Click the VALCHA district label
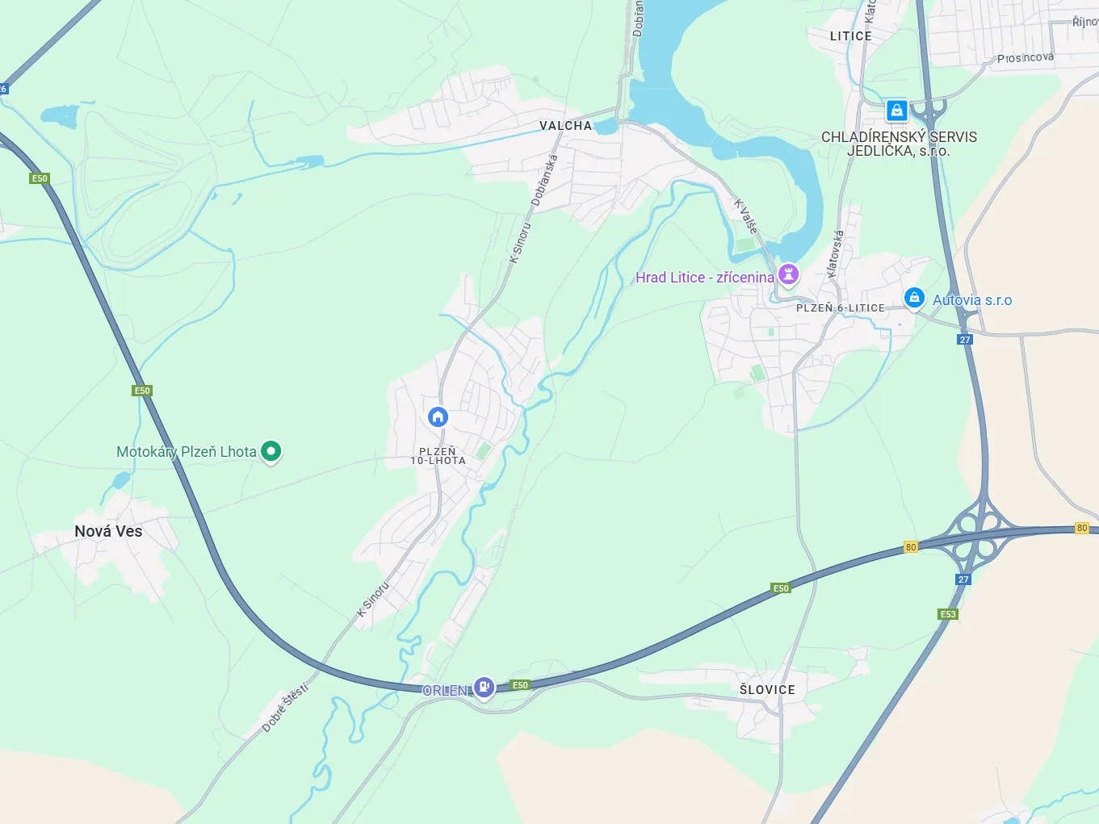point(565,126)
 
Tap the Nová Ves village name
point(108,531)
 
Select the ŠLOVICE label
point(767,690)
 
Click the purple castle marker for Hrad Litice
point(788,275)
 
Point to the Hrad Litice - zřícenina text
point(704,278)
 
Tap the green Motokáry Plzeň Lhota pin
point(271,451)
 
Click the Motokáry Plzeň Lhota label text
point(186,452)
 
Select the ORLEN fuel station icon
point(484,687)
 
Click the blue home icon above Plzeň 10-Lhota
point(438,416)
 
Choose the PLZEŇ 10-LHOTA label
point(438,456)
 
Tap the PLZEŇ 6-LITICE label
point(840,308)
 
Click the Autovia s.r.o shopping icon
point(913,298)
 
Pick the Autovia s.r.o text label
point(972,300)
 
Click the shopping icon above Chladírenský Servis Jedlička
point(896,110)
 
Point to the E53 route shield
point(948,614)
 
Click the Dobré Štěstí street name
point(285,708)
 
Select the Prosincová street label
point(1025,57)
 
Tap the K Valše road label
point(746,216)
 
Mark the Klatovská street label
point(836,253)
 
